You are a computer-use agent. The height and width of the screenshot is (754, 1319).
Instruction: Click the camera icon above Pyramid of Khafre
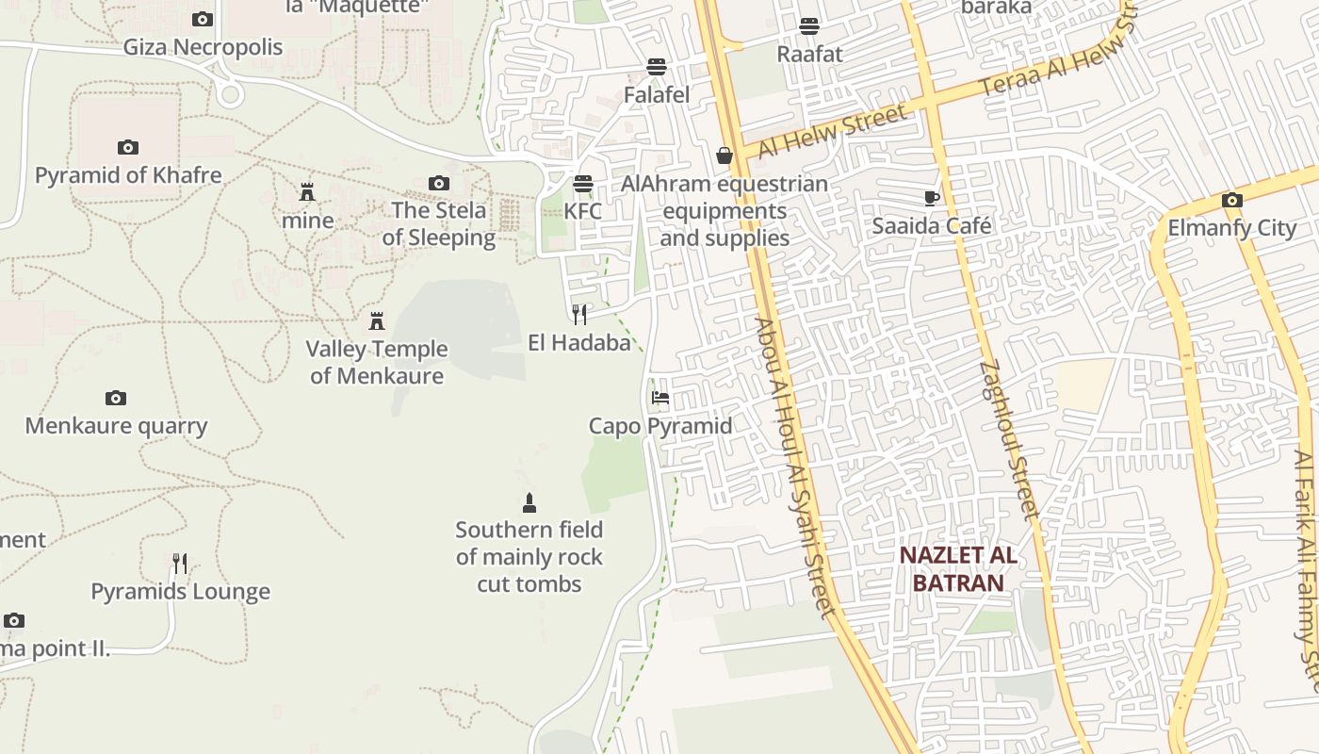click(128, 147)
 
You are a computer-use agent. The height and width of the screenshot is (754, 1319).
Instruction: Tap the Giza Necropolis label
click(203, 46)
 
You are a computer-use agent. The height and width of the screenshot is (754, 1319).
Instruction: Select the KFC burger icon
click(583, 183)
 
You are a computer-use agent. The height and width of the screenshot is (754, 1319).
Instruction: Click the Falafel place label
click(657, 94)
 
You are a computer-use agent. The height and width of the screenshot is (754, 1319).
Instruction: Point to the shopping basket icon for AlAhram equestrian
click(724, 156)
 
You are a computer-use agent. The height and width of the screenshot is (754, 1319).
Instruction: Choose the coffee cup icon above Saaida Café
click(931, 198)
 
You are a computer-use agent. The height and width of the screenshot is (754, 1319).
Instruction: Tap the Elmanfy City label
click(1231, 228)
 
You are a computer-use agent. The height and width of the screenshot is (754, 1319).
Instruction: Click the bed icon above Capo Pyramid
click(660, 398)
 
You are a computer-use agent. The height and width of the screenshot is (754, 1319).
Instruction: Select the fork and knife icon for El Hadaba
click(579, 314)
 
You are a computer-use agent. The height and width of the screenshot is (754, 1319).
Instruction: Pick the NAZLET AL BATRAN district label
click(957, 568)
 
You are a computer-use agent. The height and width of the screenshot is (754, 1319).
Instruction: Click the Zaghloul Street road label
click(1008, 439)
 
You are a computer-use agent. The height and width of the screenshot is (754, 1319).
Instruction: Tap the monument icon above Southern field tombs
click(529, 502)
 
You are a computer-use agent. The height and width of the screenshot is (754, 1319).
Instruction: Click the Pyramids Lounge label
click(180, 592)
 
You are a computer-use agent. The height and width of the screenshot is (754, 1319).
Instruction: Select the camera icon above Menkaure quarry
click(116, 398)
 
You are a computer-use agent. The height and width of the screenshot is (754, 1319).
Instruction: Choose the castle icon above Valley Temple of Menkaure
click(377, 321)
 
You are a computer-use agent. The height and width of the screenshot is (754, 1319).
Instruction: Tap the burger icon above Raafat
click(809, 25)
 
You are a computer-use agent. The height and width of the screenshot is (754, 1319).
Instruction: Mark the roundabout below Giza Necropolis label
click(229, 94)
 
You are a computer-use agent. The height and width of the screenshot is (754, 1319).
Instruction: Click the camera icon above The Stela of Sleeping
click(438, 183)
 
